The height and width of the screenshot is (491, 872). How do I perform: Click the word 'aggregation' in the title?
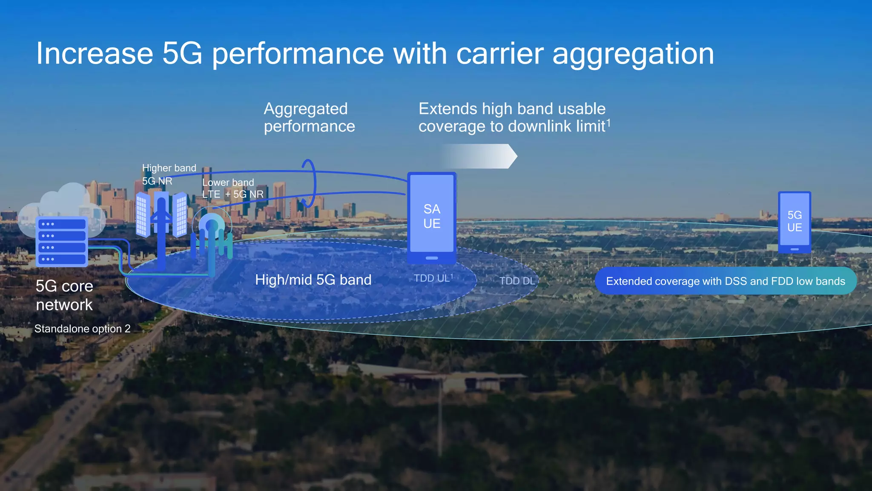click(x=633, y=54)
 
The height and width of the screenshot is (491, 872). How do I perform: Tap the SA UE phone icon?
click(x=432, y=217)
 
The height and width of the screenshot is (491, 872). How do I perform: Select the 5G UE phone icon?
click(x=795, y=222)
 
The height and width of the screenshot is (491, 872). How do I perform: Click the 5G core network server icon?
click(x=62, y=241)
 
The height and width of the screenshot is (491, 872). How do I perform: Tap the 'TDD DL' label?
click(x=517, y=281)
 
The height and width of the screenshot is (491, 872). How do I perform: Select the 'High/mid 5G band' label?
click(x=313, y=280)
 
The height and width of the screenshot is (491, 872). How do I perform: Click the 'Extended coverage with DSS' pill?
click(x=726, y=281)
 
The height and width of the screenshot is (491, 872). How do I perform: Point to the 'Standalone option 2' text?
click(x=82, y=329)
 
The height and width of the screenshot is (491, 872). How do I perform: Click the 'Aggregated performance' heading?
click(x=309, y=117)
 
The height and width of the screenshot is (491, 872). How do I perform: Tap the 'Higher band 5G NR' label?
click(x=169, y=174)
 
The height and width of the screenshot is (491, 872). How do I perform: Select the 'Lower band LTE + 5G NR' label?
click(x=232, y=188)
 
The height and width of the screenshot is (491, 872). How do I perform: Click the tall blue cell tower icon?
click(x=161, y=230)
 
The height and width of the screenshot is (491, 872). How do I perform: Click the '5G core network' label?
click(x=64, y=295)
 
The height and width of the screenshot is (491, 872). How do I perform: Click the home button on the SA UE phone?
click(x=432, y=258)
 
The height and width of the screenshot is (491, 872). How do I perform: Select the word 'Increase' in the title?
click(x=95, y=54)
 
